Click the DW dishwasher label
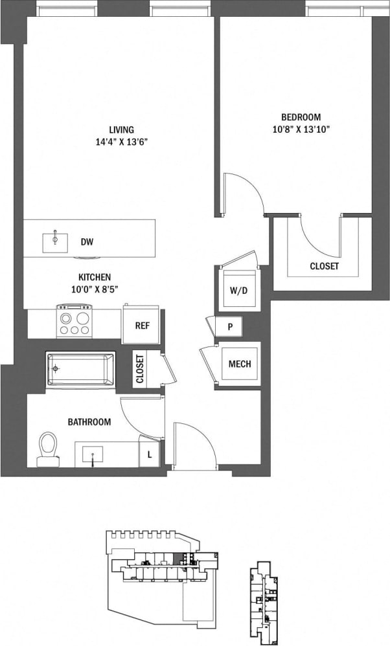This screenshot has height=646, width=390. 87,242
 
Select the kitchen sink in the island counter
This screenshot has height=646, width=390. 55,241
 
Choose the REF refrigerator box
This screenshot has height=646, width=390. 142,325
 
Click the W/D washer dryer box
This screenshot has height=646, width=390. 238,290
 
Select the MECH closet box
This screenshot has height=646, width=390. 240,364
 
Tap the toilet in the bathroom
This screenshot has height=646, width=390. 47,449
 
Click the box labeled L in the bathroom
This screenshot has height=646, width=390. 150,454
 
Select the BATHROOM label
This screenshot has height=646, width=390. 89,422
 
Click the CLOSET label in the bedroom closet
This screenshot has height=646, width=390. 324,266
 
